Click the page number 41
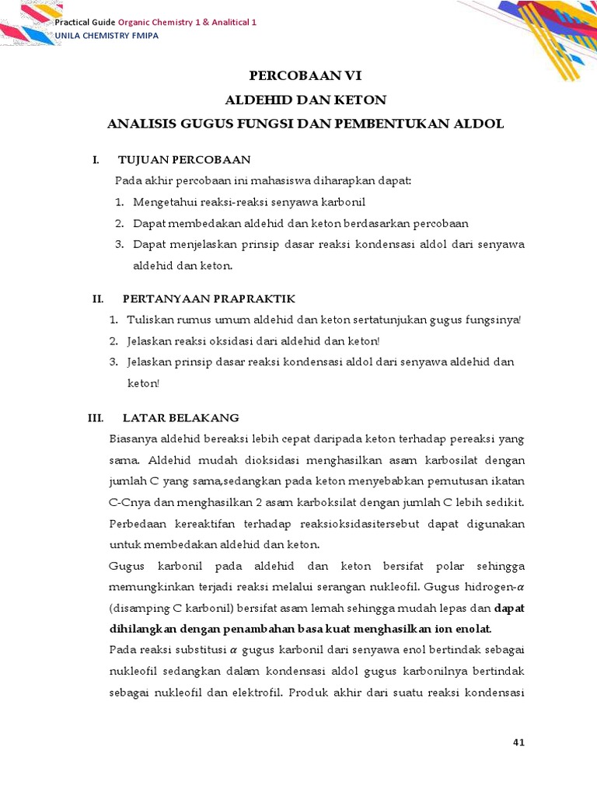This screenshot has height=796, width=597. pos(519,742)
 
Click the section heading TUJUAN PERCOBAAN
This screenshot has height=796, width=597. pos(184,160)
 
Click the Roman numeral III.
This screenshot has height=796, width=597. pos(96,417)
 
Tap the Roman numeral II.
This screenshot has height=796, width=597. pos(98,299)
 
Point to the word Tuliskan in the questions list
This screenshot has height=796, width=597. pos(150,320)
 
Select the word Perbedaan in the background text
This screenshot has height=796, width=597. pos(138,523)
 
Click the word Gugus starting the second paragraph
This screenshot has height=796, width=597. pos(127,565)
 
